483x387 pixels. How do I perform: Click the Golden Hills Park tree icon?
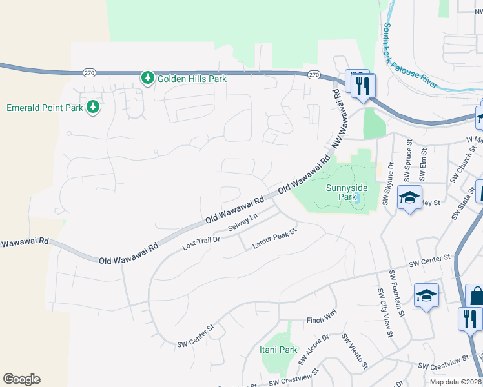(148, 78)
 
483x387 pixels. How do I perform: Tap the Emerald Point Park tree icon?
(93, 107)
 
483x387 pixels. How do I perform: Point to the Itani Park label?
(280, 350)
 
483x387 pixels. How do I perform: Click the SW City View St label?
(384, 312)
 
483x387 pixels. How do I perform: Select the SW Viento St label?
(354, 348)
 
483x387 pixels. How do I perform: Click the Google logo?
(21, 379)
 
